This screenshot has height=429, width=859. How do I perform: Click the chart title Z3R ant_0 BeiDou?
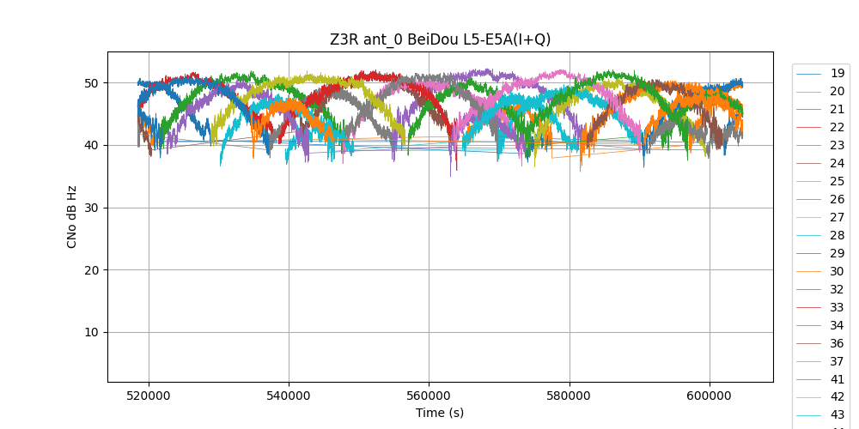(x=440, y=39)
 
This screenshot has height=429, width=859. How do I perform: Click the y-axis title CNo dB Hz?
(x=72, y=217)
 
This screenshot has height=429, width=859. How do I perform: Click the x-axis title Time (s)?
(x=440, y=413)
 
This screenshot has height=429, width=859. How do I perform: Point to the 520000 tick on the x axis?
(x=149, y=396)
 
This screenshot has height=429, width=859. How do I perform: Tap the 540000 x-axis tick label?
(x=289, y=396)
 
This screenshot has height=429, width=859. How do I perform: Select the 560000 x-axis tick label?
(x=429, y=396)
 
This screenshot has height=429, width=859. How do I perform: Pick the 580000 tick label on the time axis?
(x=569, y=396)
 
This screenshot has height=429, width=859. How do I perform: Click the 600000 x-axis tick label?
(x=710, y=396)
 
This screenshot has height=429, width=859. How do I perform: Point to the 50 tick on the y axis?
(x=90, y=83)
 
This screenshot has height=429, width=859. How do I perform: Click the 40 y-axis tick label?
(x=90, y=145)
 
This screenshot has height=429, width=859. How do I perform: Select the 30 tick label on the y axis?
(x=90, y=208)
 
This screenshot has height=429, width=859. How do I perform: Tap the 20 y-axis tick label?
(x=90, y=270)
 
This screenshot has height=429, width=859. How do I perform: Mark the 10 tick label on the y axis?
(x=90, y=333)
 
